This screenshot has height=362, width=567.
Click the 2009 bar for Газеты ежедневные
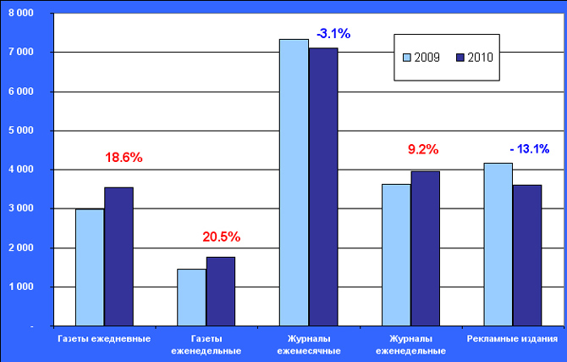[x=90, y=267]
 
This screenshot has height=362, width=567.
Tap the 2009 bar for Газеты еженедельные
[x=191, y=298]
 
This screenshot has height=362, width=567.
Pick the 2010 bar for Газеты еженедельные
[x=221, y=292]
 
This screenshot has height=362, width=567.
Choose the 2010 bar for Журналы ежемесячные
[x=323, y=187]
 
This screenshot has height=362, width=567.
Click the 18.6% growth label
[x=124, y=158]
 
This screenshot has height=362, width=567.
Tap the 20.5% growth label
[x=221, y=235]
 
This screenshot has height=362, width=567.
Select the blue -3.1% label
[x=333, y=34]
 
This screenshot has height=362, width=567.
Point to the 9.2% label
[x=423, y=150]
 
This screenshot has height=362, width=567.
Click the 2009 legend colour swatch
[x=407, y=58]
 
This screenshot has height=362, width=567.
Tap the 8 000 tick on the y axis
[x=20, y=14]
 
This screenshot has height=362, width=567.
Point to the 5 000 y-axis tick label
[x=20, y=131]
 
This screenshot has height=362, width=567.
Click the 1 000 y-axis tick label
[x=20, y=287]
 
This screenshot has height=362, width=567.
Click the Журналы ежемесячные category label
[x=309, y=345]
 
